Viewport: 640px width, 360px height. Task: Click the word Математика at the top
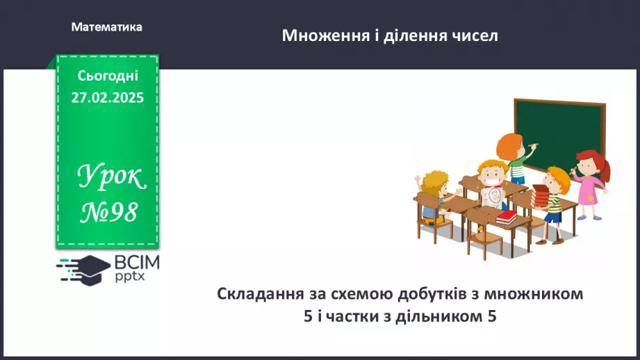[x=106, y=27]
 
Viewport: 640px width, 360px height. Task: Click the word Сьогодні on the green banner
[x=107, y=75]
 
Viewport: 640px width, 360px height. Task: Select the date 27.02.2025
[x=107, y=97]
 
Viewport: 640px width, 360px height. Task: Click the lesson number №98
[x=108, y=212]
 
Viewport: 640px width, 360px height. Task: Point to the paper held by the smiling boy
[x=493, y=197]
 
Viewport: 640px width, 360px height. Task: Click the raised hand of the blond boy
[x=418, y=179]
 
